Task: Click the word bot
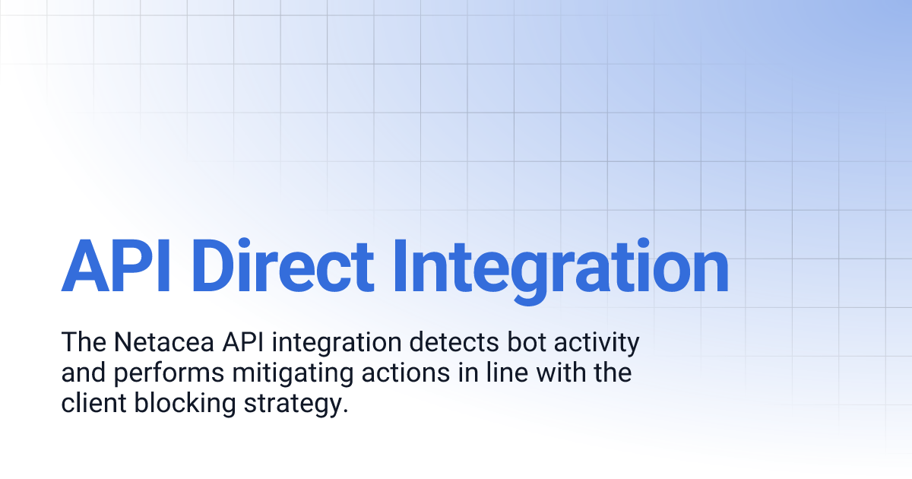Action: point(521,343)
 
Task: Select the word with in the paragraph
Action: point(569,373)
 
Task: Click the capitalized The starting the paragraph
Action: point(81,343)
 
